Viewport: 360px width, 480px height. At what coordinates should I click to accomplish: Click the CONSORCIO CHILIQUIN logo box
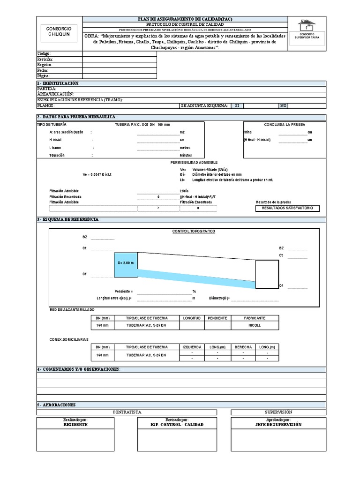pos(59,32)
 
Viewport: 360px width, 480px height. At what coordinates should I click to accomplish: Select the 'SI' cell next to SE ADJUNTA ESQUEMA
pos(237,106)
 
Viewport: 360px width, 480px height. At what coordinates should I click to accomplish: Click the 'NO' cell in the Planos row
pos(283,106)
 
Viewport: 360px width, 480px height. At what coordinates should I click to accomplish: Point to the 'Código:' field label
pos(43,54)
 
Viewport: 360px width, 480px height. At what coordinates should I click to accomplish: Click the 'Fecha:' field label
pos(43,70)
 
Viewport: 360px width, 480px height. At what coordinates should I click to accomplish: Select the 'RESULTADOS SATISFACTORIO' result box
pos(287,208)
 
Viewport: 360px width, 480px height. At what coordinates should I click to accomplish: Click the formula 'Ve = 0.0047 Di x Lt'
pos(97,174)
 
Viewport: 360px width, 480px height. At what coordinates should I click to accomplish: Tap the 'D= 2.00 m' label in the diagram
pos(126,263)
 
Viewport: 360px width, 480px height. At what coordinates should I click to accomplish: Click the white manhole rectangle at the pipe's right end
pos(267,274)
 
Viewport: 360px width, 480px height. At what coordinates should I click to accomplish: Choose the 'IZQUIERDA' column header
pos(192,347)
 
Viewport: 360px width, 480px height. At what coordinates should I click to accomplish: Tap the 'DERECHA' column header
pos(243,347)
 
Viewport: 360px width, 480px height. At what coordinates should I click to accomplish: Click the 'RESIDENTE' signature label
pos(75,425)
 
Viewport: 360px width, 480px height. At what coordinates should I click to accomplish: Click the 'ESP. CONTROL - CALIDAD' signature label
pos(177,425)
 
